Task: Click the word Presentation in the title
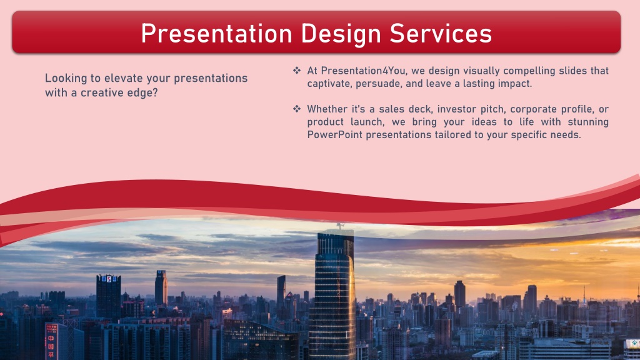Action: [x=216, y=34]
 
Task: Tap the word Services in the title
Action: [x=441, y=34]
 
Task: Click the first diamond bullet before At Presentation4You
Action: [x=297, y=71]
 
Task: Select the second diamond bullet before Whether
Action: [x=297, y=109]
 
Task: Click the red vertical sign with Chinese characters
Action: [x=51, y=341]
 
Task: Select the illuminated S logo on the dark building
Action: [x=109, y=279]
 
